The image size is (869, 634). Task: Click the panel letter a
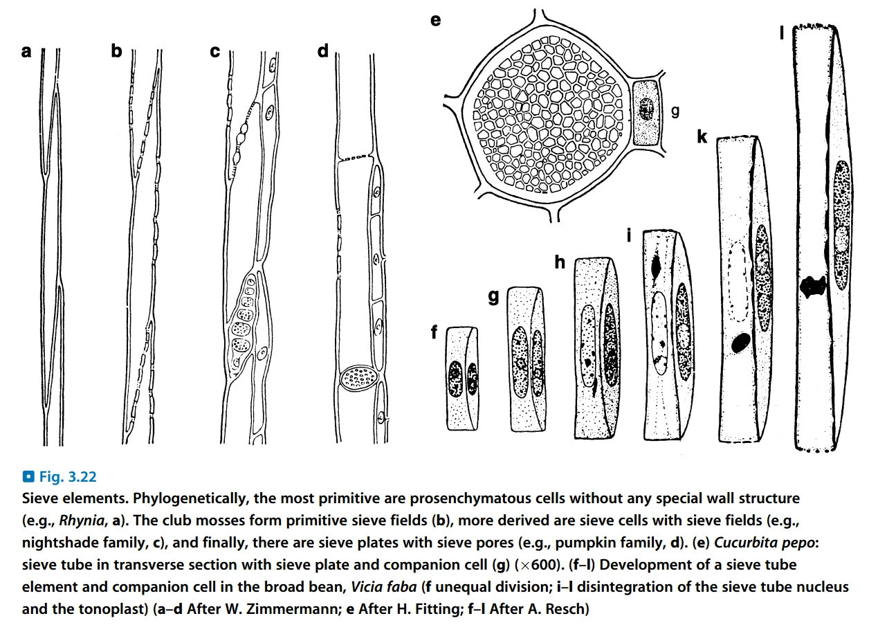pos(26,51)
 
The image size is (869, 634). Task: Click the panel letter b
pos(116,51)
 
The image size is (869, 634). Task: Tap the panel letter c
pos(214,51)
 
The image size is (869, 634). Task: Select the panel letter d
pos(322,51)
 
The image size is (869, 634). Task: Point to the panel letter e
pos(435,20)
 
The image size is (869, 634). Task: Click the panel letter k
pos(702,137)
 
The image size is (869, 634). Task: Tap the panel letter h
pos(560,262)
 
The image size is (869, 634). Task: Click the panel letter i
pos(629,235)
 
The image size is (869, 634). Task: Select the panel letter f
pos(434,332)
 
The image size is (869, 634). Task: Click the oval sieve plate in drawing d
pos(359,379)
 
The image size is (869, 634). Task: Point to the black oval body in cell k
pos(740,341)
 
